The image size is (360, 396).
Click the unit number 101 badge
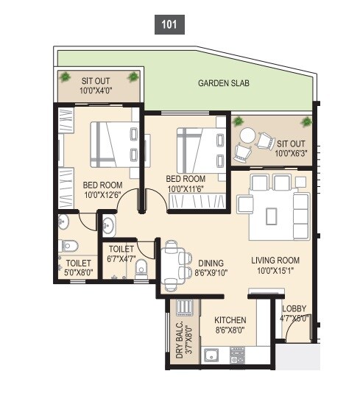(169, 24)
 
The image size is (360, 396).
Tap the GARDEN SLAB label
(223, 84)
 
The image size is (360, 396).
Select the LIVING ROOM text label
(275, 260)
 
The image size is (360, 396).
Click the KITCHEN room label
(230, 320)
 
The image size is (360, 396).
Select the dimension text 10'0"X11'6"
(185, 188)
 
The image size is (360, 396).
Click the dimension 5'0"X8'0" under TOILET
(78, 272)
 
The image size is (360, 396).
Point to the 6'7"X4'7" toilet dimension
(121, 258)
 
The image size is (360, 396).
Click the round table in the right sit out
(248, 136)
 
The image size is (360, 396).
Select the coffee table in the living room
(273, 214)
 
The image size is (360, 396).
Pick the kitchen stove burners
(237, 357)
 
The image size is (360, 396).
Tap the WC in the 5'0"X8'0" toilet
(67, 245)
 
